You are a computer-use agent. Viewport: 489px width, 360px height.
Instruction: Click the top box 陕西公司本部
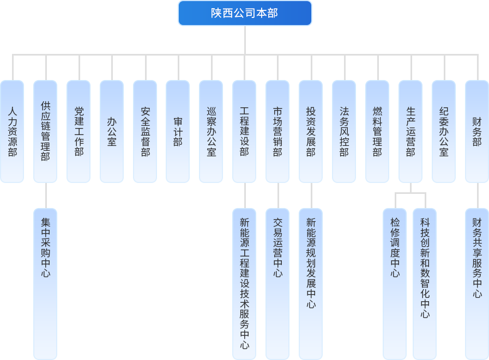click(x=245, y=13)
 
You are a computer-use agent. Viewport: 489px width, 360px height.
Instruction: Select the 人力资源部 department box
click(x=12, y=131)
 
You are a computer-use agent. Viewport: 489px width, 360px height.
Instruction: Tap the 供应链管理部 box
click(x=45, y=131)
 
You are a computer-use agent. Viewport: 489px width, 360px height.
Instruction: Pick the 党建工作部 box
click(x=79, y=131)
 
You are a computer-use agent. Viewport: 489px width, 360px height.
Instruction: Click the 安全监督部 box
click(x=145, y=131)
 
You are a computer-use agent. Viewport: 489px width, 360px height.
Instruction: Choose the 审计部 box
click(x=178, y=131)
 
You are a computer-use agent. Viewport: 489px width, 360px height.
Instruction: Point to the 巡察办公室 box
click(x=211, y=131)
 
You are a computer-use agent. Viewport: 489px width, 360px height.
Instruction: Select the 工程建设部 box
click(x=244, y=131)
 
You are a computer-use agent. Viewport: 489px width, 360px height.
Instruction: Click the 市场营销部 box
click(x=277, y=131)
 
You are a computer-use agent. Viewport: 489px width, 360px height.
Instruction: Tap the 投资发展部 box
click(x=311, y=131)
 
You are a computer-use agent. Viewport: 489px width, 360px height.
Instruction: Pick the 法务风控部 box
click(x=344, y=131)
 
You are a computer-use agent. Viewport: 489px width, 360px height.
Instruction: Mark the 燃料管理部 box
click(x=377, y=131)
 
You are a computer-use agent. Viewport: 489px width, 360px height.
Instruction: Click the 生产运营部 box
click(x=410, y=131)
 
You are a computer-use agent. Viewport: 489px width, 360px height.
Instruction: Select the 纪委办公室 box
click(x=444, y=131)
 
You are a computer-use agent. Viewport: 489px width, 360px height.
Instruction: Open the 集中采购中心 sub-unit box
click(x=45, y=283)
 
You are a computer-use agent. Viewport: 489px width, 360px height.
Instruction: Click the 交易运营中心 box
click(x=277, y=283)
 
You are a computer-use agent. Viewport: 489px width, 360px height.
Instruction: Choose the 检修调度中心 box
click(x=395, y=283)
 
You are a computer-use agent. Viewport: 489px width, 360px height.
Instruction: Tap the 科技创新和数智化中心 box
click(x=425, y=283)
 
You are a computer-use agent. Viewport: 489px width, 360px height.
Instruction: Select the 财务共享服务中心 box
click(x=477, y=283)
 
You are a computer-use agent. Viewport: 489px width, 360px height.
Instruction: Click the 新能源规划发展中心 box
click(x=311, y=283)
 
